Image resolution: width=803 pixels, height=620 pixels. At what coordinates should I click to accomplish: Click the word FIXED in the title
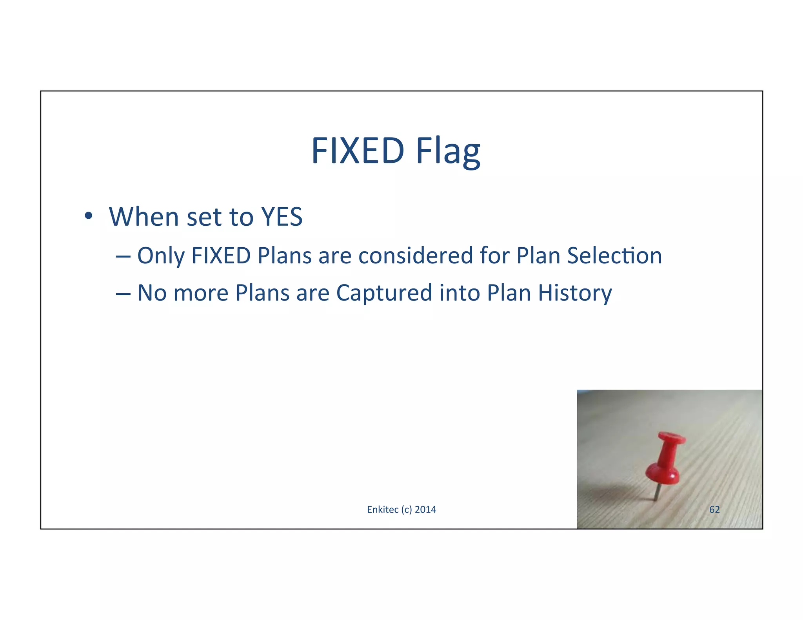click(358, 151)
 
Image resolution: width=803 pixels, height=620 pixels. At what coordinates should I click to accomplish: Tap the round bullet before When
click(88, 216)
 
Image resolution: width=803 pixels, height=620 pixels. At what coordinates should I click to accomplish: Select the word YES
click(282, 217)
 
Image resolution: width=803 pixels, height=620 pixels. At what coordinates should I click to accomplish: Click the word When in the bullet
click(144, 217)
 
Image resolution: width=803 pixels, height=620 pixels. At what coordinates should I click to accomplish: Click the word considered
click(416, 256)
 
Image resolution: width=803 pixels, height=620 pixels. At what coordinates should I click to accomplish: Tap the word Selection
click(614, 256)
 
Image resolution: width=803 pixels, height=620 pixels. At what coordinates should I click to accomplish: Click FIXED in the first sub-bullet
click(221, 256)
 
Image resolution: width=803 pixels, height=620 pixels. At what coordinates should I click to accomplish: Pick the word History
click(574, 293)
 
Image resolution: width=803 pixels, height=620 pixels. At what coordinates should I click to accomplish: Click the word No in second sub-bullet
click(152, 293)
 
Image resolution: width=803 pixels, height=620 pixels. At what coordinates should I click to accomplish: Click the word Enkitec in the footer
click(382, 509)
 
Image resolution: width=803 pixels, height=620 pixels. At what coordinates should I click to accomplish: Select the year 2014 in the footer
click(425, 509)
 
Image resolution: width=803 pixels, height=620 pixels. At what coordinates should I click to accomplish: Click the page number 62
click(714, 509)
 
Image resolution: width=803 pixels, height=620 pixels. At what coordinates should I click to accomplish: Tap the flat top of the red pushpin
click(672, 437)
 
